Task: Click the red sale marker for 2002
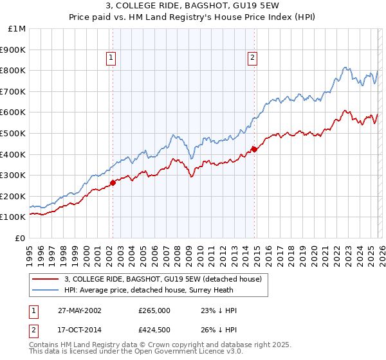point(113,183)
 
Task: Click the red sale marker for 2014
point(254,149)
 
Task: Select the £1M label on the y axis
point(17,28)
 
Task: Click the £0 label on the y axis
point(21,238)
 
